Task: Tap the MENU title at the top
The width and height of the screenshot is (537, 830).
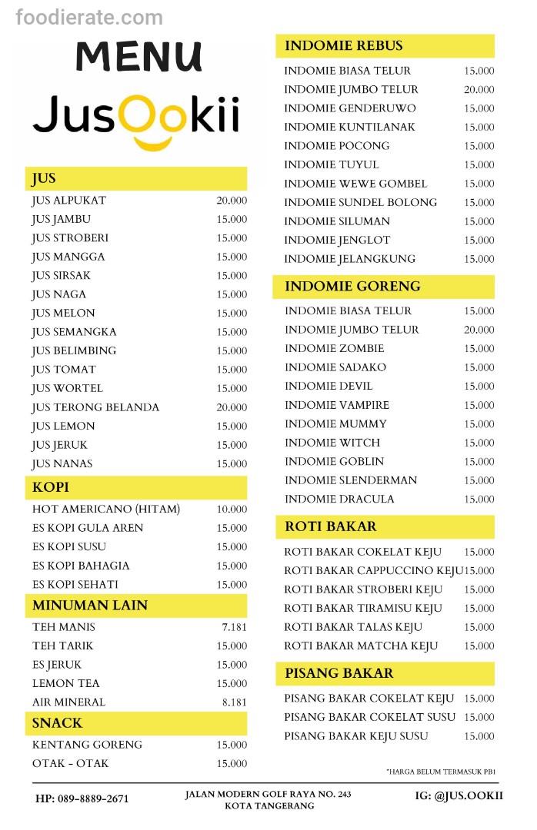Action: (138, 56)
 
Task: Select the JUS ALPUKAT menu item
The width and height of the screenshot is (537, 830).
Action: (69, 201)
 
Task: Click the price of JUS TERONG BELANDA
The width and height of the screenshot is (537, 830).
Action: (232, 407)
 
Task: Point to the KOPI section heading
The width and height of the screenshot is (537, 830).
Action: (51, 487)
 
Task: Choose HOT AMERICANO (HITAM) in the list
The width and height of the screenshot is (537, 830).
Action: (106, 509)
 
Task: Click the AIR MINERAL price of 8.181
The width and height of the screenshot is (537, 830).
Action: (234, 702)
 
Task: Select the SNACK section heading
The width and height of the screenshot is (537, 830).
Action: (57, 723)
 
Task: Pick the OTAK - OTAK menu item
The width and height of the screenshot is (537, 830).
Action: (71, 763)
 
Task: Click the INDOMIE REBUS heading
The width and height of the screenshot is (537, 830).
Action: (343, 45)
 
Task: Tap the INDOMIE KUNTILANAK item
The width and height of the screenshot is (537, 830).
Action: (349, 127)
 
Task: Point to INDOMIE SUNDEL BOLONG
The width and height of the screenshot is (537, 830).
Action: (360, 202)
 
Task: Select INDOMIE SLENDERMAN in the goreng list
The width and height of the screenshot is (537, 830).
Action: (351, 480)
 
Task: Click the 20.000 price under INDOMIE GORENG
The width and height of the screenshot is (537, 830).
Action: (479, 330)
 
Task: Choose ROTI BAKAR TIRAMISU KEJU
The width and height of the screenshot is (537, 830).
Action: (363, 608)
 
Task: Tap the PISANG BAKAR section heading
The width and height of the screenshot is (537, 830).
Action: (339, 673)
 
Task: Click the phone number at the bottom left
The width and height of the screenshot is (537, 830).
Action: (82, 798)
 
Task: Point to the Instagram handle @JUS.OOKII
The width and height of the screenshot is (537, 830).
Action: (458, 795)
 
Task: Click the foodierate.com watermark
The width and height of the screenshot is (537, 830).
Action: (89, 17)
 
